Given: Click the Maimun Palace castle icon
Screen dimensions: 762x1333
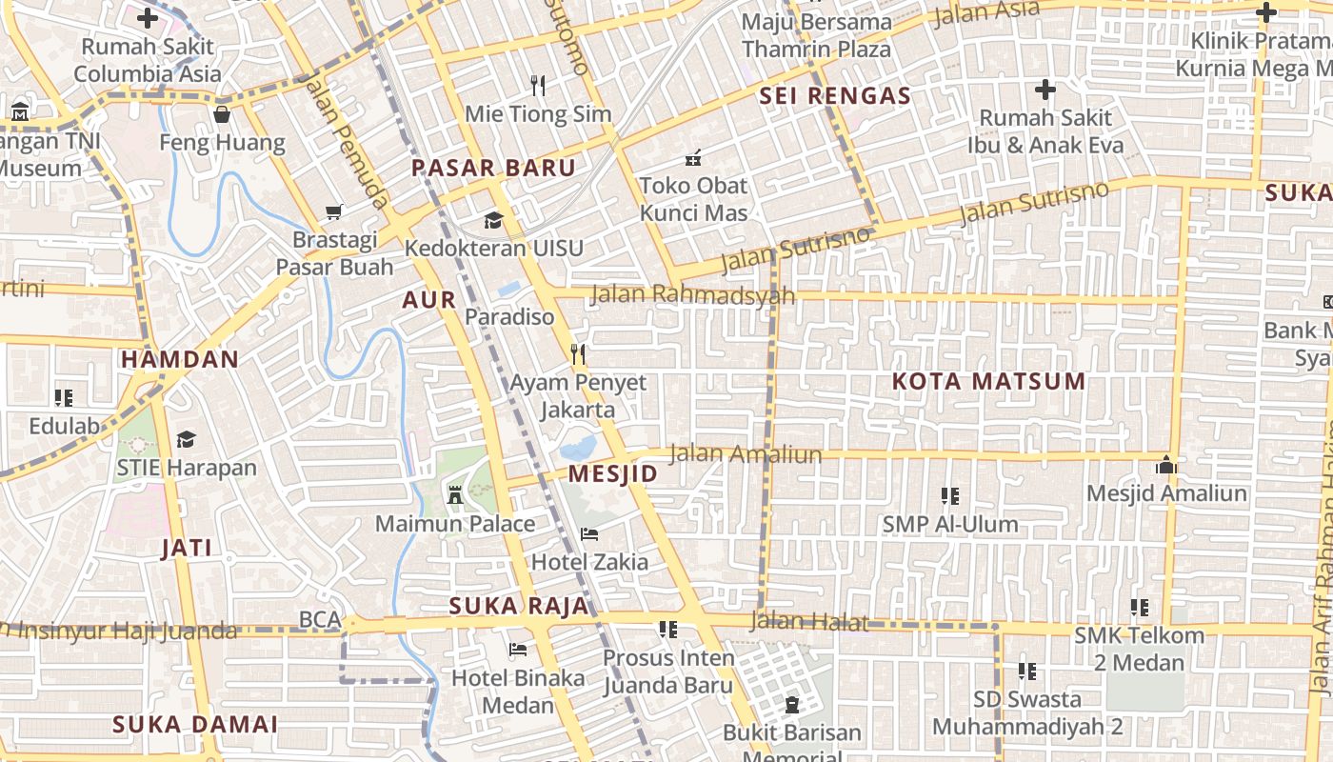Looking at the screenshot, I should tap(455, 494).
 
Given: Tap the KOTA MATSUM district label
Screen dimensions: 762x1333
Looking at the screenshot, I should tap(988, 382).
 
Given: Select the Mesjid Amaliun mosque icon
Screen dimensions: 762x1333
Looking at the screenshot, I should tap(1166, 466).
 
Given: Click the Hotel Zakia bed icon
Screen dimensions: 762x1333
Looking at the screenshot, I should tap(589, 534).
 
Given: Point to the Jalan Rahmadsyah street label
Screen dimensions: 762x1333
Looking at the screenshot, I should tap(692, 294).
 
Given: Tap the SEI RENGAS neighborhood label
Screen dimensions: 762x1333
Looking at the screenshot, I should tap(835, 96).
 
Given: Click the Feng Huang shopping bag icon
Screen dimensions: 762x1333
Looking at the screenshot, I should tap(222, 115).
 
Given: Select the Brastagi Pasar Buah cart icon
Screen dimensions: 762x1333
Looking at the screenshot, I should tap(334, 211).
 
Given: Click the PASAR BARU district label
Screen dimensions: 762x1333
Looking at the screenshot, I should tap(493, 169).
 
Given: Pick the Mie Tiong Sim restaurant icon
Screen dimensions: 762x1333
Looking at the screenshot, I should tap(538, 86).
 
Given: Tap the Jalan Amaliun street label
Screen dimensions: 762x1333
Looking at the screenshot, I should tap(746, 454).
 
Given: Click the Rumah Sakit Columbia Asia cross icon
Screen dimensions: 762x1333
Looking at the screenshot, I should tap(148, 18).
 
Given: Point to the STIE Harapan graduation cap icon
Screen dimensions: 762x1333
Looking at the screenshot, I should tap(187, 439).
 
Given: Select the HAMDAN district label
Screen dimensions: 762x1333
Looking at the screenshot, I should tap(180, 360).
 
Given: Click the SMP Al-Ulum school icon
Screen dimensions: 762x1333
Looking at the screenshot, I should tap(949, 496).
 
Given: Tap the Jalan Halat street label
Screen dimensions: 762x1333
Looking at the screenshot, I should tap(809, 622).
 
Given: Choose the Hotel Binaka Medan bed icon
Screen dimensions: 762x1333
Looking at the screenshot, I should tap(518, 651).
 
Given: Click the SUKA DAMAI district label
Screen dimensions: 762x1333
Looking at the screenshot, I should tap(195, 725).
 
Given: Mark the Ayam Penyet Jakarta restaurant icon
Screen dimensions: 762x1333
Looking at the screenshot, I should tap(578, 354).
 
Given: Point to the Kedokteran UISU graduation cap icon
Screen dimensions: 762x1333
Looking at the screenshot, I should tap(493, 221).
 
